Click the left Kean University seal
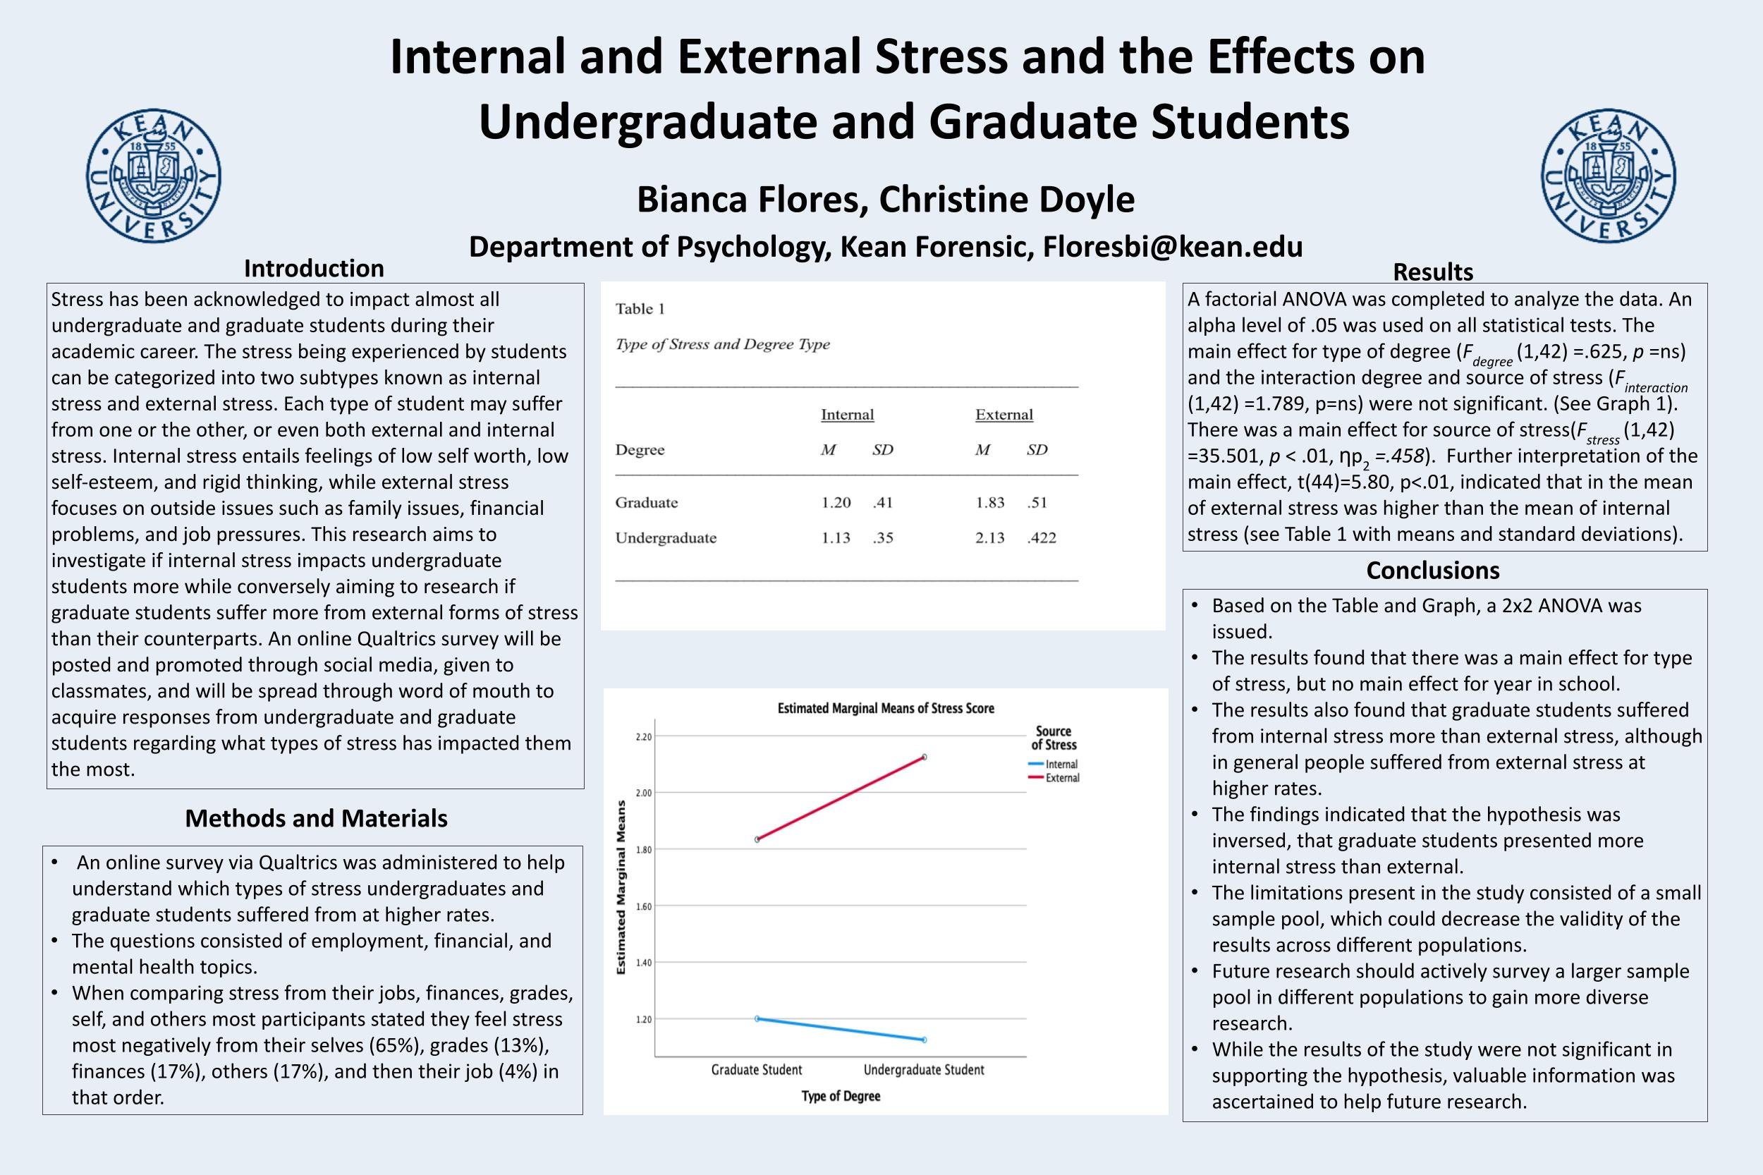point(154,176)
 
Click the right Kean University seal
point(1609,176)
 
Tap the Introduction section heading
point(314,268)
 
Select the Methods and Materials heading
point(316,817)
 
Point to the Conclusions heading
point(1432,571)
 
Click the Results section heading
point(1432,272)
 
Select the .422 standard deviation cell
point(1042,537)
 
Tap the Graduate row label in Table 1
point(647,502)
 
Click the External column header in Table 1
point(1004,415)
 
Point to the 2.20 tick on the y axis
point(644,736)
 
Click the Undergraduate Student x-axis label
point(924,1069)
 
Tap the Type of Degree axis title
point(841,1096)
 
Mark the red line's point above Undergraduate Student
point(925,757)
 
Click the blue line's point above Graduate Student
point(757,1018)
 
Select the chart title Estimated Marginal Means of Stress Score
point(886,708)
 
